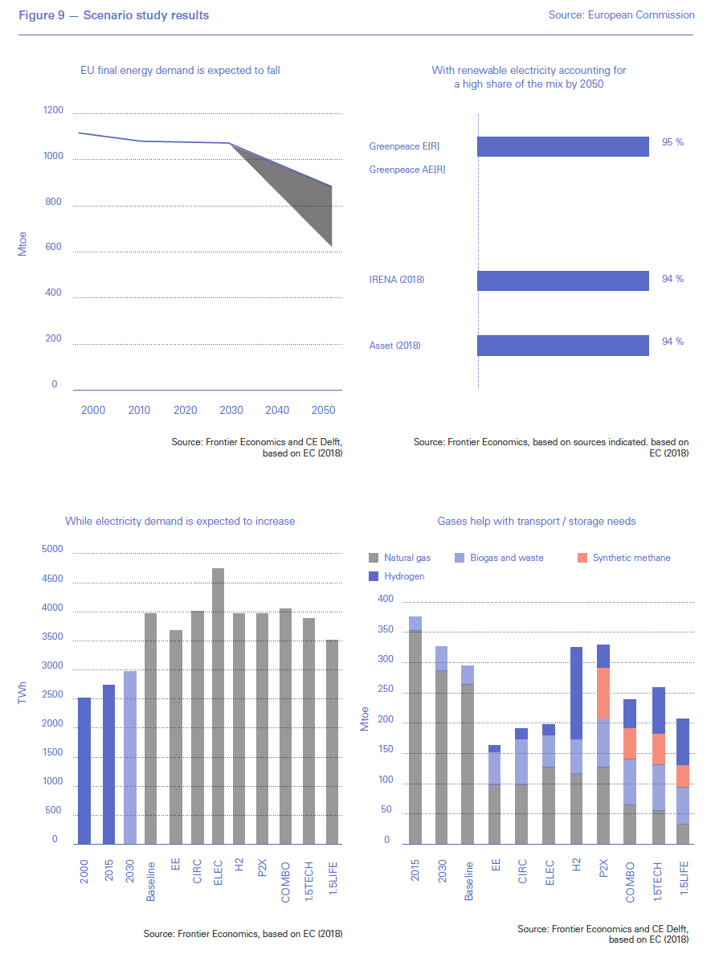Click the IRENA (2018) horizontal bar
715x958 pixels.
562,280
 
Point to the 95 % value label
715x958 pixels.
672,142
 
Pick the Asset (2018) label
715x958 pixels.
395,346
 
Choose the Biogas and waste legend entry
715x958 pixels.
499,558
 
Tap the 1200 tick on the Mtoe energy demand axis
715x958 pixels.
53,110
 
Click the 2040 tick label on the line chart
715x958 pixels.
277,411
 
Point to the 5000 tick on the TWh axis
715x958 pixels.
51,550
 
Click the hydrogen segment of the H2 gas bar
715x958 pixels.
575,693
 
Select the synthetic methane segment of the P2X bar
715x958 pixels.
603,693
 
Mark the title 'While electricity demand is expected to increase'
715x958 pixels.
180,522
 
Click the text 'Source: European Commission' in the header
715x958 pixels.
621,14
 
